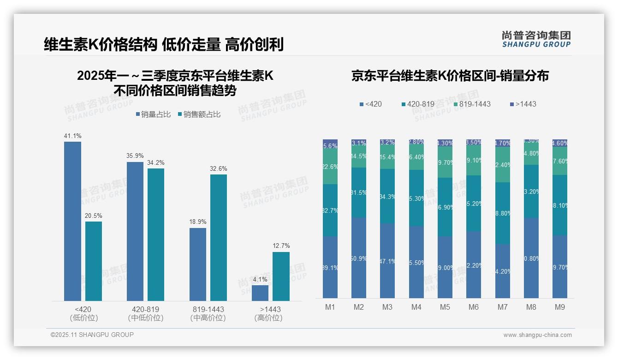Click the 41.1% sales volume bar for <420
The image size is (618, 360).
[72, 222]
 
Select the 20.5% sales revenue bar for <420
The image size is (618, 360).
[94, 261]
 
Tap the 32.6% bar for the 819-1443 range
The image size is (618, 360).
[219, 238]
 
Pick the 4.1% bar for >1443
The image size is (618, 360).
[260, 293]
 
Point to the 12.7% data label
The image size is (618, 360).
[281, 246]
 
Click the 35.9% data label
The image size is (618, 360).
[135, 156]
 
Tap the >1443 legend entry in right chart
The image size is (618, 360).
[523, 104]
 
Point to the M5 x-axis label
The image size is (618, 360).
[445, 307]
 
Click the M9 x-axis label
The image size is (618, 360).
[559, 307]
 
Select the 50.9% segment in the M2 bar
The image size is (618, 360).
[359, 258]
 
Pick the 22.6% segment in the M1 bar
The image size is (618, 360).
[330, 167]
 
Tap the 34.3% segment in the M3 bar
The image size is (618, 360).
[387, 196]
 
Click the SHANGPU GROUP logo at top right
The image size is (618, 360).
[536, 39]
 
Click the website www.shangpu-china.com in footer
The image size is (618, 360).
[537, 335]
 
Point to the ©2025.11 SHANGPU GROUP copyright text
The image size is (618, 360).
[92, 335]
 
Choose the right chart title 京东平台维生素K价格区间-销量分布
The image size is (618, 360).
[450, 76]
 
